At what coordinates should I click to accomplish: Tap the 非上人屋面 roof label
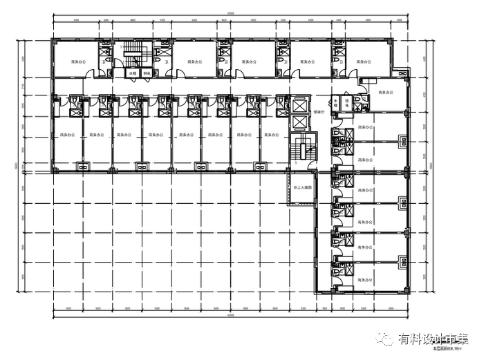(301, 187)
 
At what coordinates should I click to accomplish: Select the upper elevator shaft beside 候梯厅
(299, 105)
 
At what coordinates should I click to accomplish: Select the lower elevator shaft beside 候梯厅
(299, 122)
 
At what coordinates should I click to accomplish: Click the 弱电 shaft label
(146, 73)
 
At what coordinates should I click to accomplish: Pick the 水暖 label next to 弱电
(131, 73)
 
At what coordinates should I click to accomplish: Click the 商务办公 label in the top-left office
(77, 61)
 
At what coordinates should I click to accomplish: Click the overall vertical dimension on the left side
(16, 165)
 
